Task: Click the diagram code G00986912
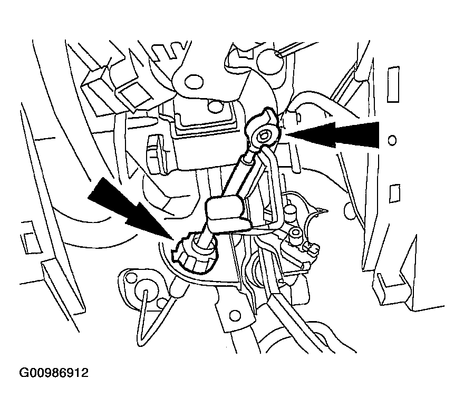point(54,373)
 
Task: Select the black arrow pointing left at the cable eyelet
point(332,134)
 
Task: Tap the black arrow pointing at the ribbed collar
point(130,209)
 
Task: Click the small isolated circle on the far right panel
point(392,140)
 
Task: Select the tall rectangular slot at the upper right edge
point(393,84)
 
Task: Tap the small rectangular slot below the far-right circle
point(394,193)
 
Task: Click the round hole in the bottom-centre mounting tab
point(235,315)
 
